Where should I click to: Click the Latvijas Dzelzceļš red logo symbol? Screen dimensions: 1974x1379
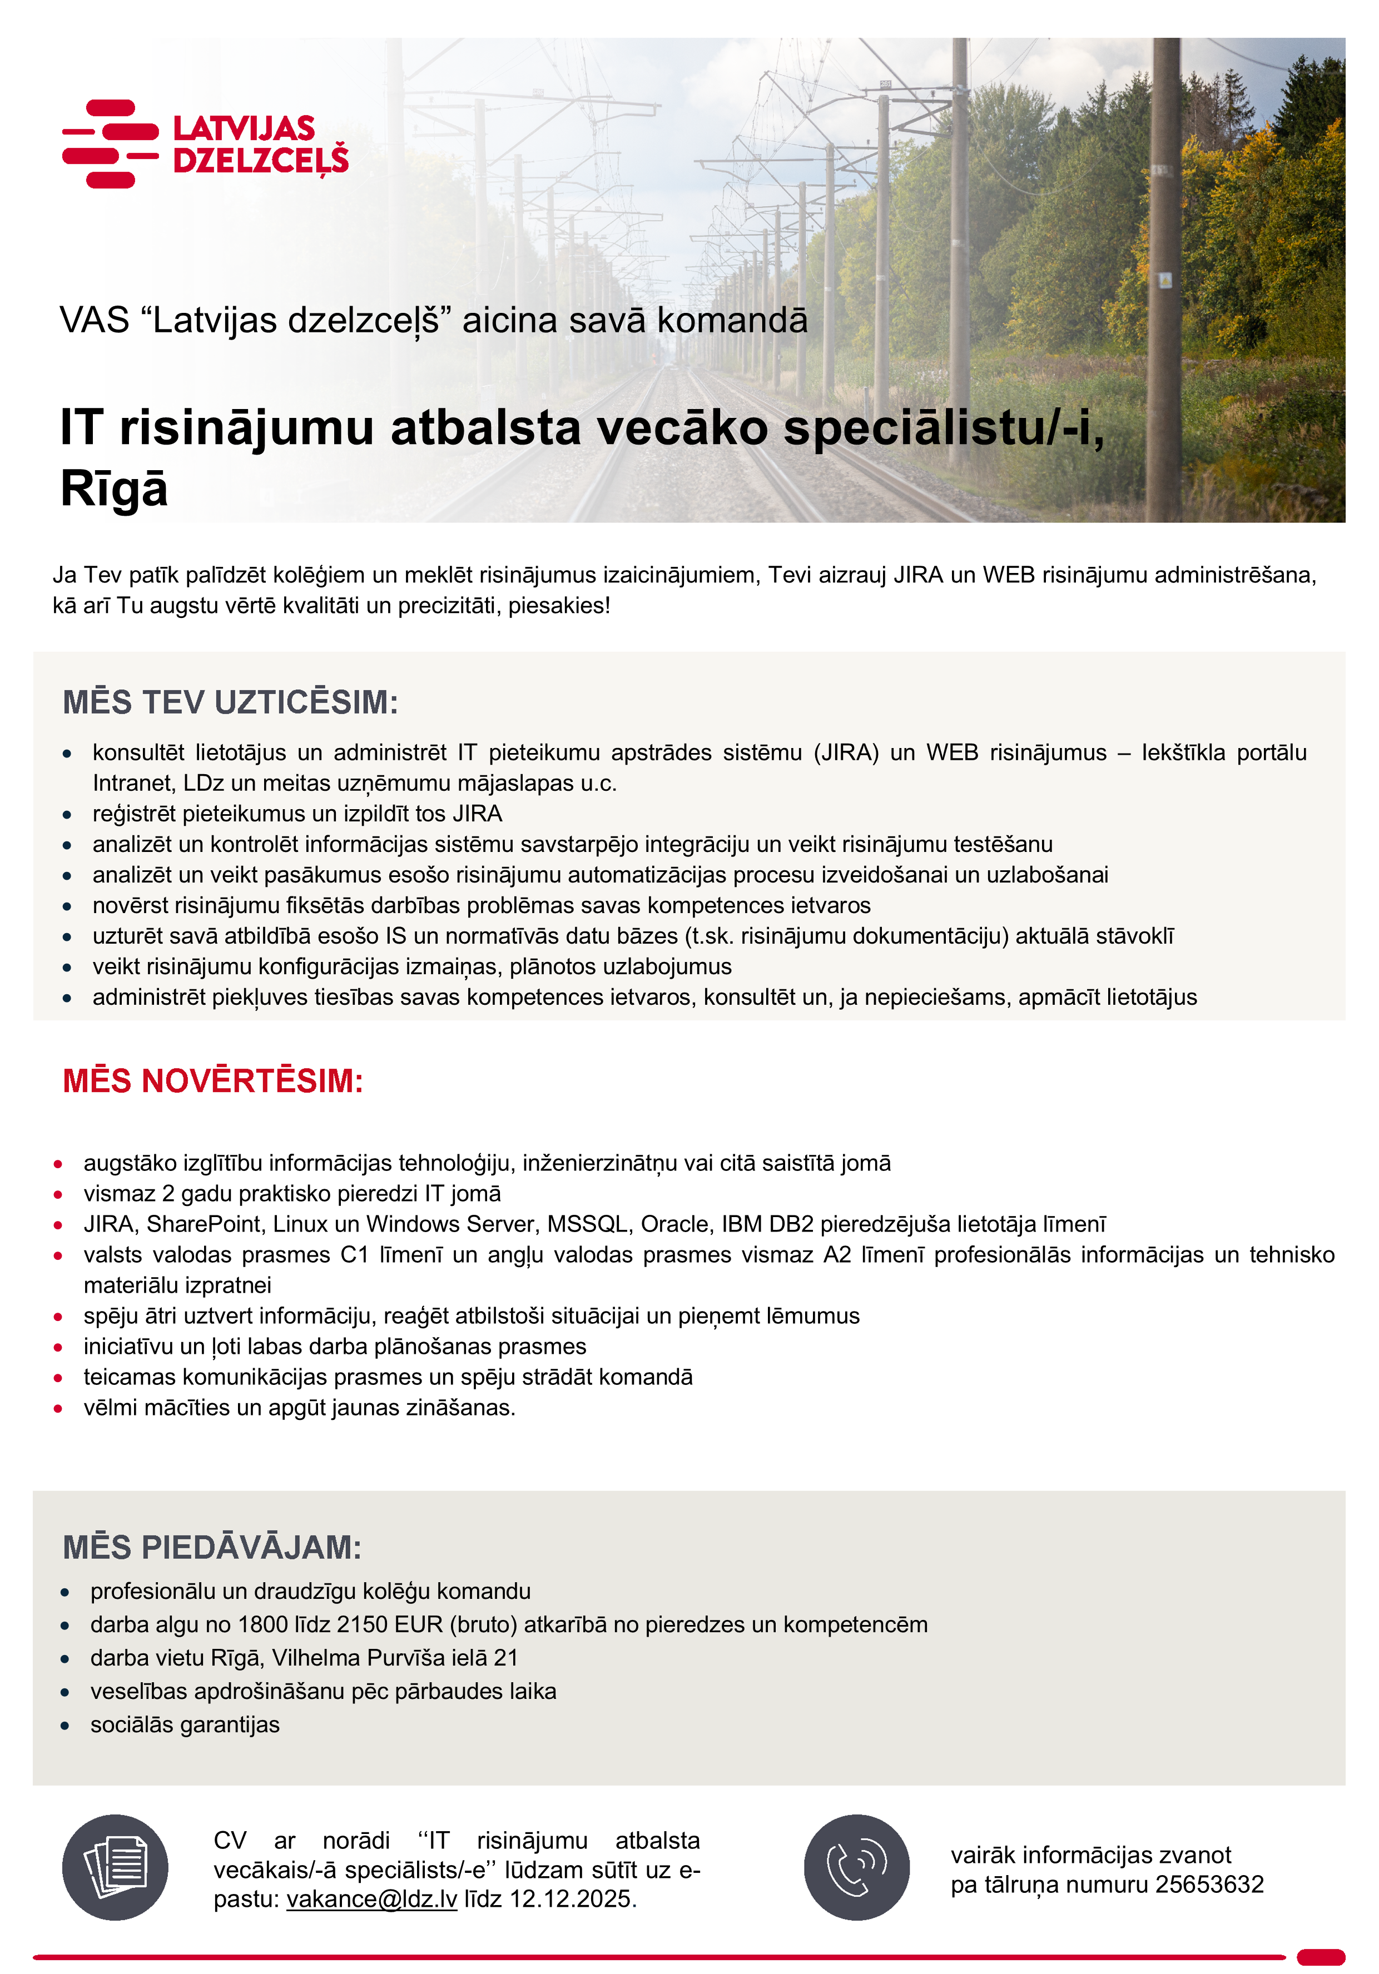pyautogui.click(x=110, y=143)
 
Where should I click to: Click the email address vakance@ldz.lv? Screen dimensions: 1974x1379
pyautogui.click(x=371, y=1898)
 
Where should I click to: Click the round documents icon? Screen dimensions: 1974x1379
pyautogui.click(x=115, y=1867)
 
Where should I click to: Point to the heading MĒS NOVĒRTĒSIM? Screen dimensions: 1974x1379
pyautogui.click(x=212, y=1081)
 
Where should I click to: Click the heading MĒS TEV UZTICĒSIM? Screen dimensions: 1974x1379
pyautogui.click(x=230, y=702)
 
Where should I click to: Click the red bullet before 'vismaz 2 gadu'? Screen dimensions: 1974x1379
pyautogui.click(x=58, y=1194)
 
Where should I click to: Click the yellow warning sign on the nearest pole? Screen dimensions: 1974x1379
pyautogui.click(x=1165, y=280)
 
